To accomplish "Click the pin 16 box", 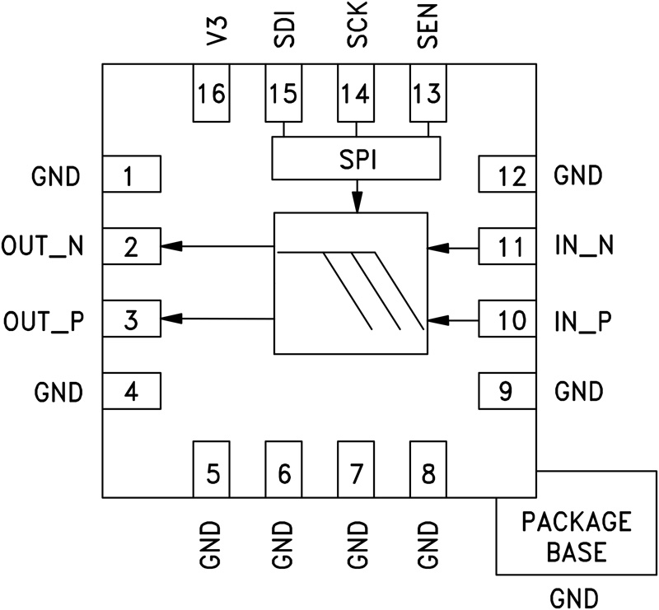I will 212,93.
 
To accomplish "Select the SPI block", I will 356,158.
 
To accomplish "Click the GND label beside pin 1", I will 57,175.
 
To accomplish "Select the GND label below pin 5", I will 213,544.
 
